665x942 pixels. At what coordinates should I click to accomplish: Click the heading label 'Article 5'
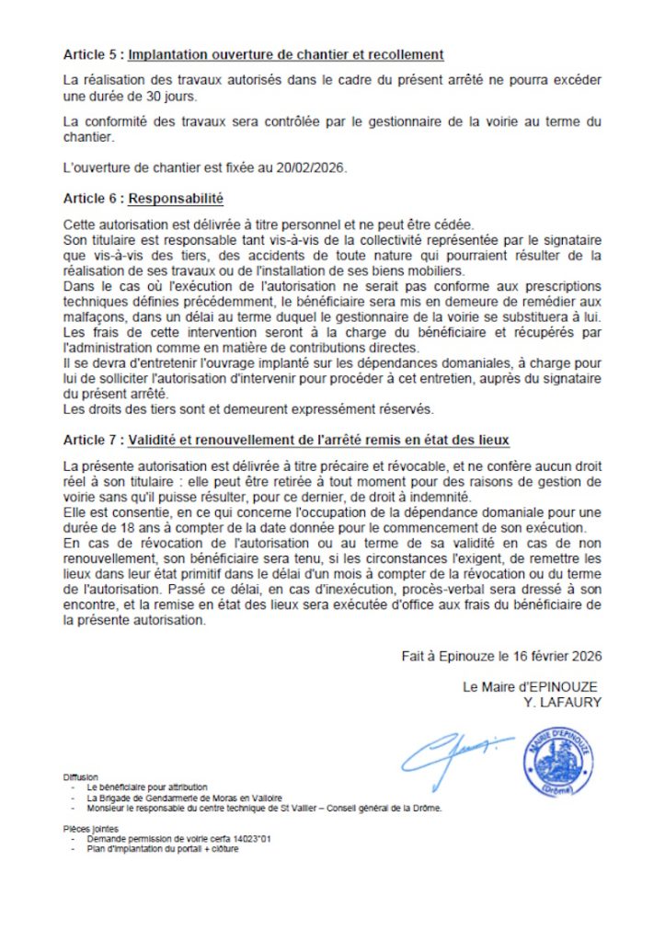pos(92,54)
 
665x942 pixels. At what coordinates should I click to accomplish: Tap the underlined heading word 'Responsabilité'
pos(176,198)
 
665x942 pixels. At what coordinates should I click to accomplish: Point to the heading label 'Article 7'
pos(92,440)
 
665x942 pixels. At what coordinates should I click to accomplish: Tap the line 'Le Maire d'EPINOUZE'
pos(532,687)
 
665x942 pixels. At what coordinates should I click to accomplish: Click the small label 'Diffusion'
pos(81,777)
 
